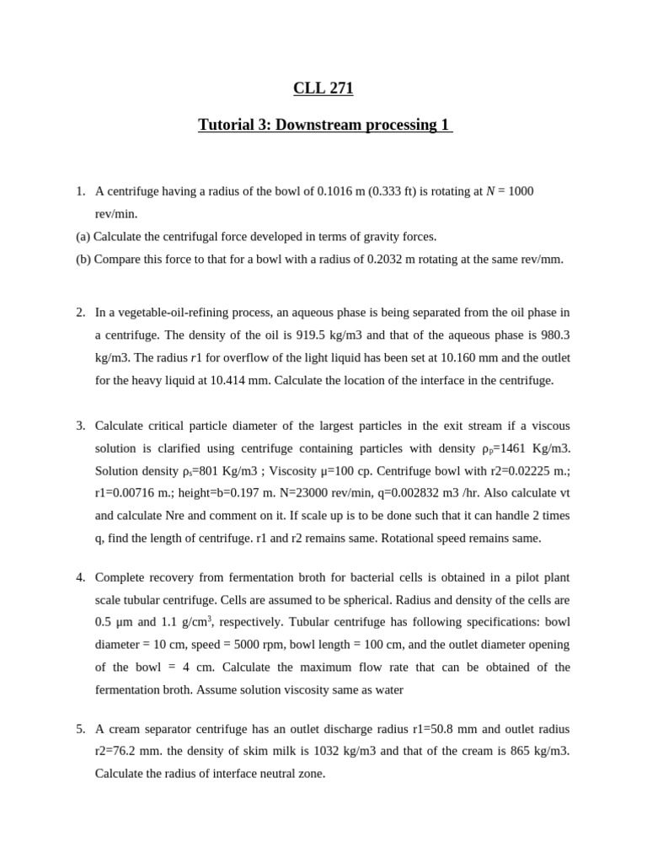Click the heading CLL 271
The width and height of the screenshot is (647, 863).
pos(323,88)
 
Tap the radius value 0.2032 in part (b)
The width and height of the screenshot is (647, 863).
pos(387,260)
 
